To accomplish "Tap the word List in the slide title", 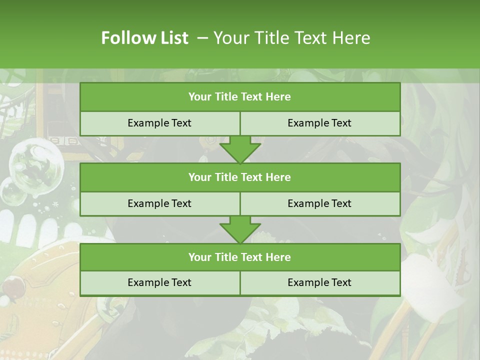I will [172, 38].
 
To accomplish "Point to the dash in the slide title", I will [202, 38].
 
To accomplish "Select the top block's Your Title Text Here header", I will [239, 97].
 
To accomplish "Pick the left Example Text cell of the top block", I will [159, 123].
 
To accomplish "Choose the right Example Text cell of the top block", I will [319, 123].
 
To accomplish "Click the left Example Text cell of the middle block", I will [159, 203].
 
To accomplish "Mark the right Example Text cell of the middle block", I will [319, 203].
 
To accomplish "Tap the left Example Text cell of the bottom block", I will [159, 282].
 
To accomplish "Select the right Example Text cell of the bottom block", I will [319, 282].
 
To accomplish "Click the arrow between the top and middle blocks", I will [240, 149].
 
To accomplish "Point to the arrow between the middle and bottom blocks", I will [240, 229].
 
